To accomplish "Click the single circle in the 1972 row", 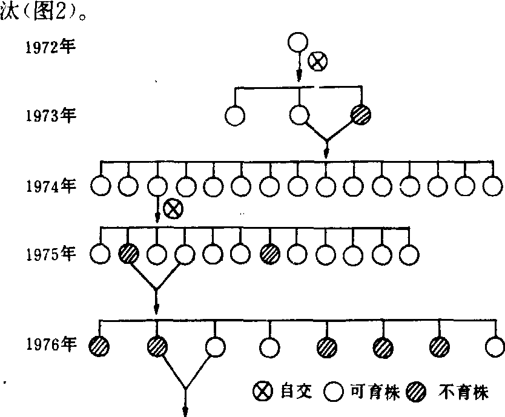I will point(298,43).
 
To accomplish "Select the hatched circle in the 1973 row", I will point(361,114).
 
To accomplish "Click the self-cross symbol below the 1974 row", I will point(174,209).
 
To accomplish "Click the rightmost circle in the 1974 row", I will point(493,185).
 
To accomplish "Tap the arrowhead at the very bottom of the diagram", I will point(185,412).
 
